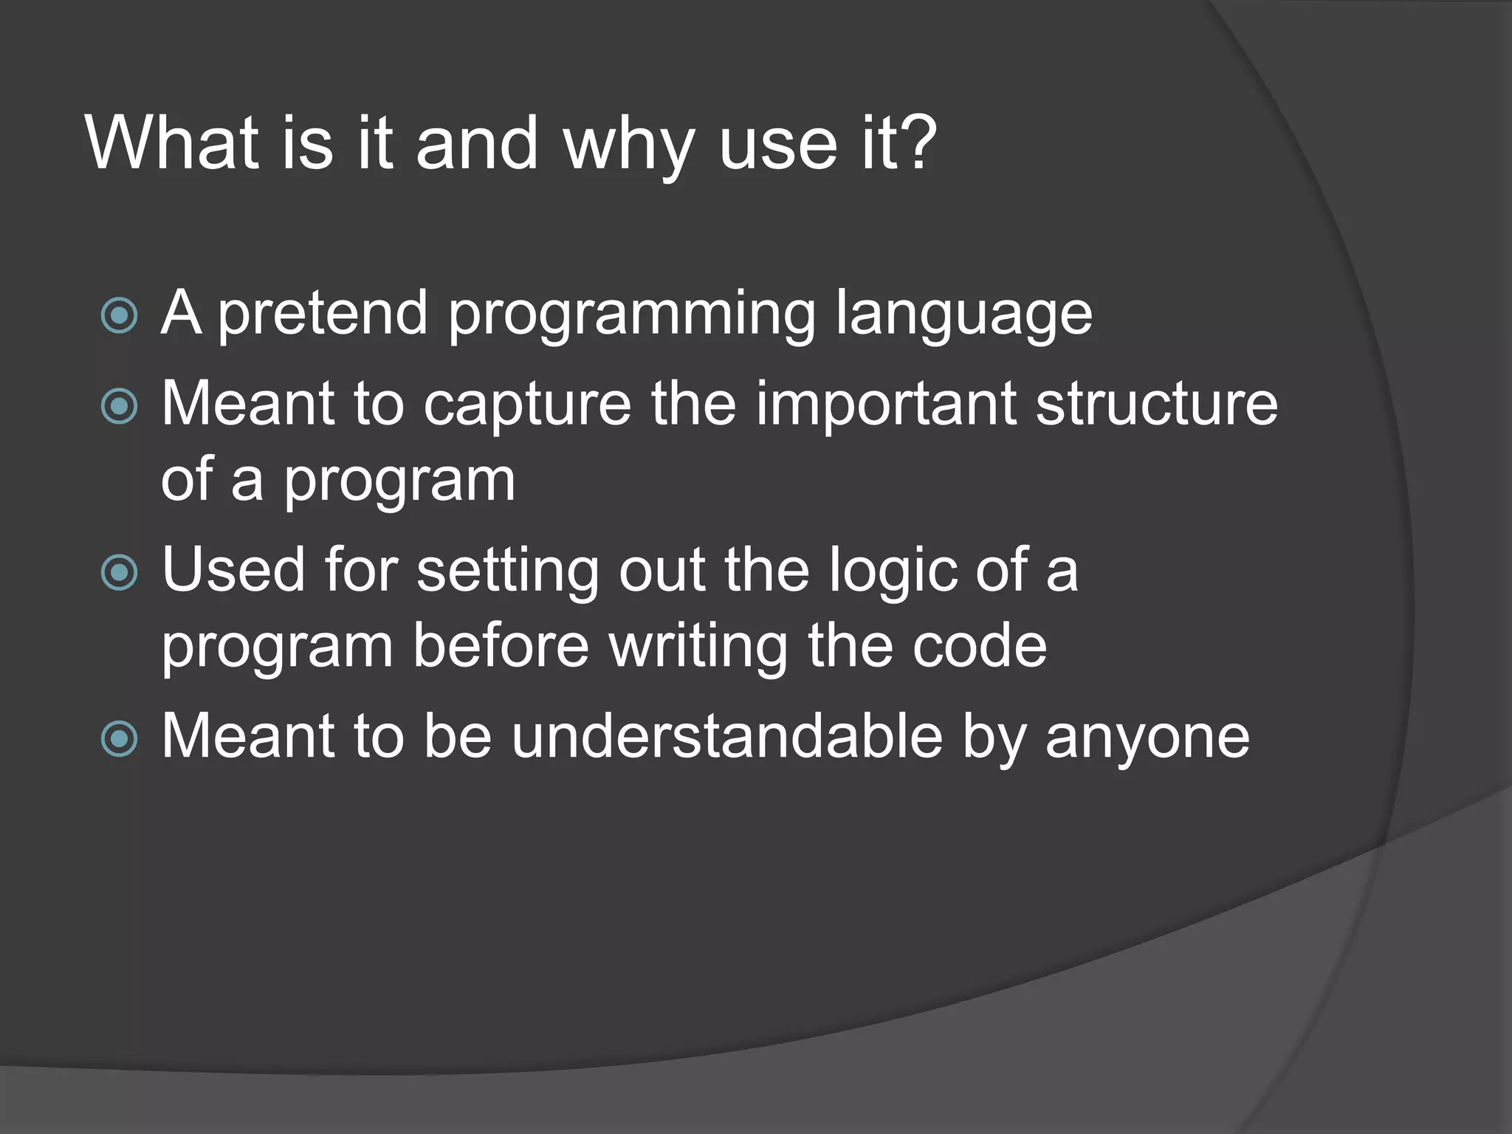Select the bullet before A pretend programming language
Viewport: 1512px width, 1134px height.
coord(119,316)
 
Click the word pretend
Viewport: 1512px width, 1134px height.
coord(323,315)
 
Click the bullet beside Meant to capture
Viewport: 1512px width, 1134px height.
coord(119,407)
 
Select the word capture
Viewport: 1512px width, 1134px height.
coord(527,406)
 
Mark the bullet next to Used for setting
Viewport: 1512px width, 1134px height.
coord(119,573)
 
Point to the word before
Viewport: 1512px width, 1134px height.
coord(501,645)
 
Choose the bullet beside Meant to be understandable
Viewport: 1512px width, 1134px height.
coord(119,739)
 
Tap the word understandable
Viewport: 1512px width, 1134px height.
coord(727,736)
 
